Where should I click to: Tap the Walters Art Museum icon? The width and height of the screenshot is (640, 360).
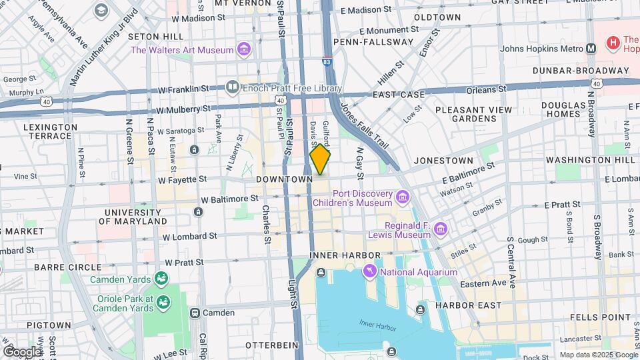coord(244,50)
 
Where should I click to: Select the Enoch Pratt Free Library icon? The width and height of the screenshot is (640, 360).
coord(232,86)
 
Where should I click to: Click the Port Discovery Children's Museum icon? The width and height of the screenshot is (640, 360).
coord(401,197)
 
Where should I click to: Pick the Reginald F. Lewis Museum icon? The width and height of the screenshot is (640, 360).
coord(440,230)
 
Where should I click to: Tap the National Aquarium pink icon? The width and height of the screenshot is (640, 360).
coord(369,272)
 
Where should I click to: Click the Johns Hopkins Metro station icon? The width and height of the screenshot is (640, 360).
coord(591,48)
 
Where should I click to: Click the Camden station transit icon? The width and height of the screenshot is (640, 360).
coord(195,313)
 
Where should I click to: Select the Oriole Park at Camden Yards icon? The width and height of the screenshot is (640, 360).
coord(161,304)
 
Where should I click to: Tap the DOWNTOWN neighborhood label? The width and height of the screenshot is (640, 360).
coord(285,180)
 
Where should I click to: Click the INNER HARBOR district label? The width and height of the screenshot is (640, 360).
coord(345,255)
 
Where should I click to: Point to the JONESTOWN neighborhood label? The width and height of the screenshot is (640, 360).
coord(443,161)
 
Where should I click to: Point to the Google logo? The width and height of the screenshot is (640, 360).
coord(21,351)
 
